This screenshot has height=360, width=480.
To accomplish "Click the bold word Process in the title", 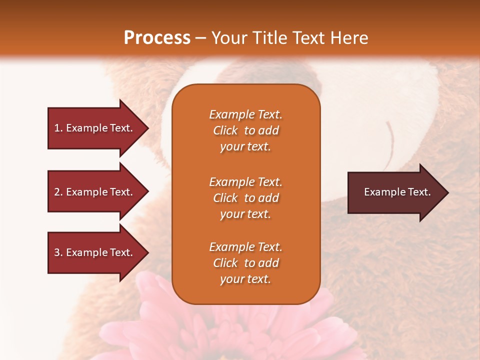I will click(x=157, y=38).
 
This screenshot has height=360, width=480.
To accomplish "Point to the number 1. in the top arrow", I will click(x=58, y=128).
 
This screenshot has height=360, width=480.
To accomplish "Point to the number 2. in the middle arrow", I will click(x=58, y=192).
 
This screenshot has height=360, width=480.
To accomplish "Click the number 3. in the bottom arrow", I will click(x=58, y=252).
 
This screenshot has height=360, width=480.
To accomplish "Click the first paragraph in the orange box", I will click(x=245, y=130).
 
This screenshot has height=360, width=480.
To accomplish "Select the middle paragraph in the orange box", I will click(x=245, y=198).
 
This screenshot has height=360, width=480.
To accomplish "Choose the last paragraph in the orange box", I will click(x=245, y=263).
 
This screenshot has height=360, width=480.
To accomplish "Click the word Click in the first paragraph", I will click(x=225, y=130).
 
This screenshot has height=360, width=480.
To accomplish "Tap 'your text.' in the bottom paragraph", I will click(x=245, y=279).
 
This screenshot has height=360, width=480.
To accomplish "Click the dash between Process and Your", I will click(x=200, y=38).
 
